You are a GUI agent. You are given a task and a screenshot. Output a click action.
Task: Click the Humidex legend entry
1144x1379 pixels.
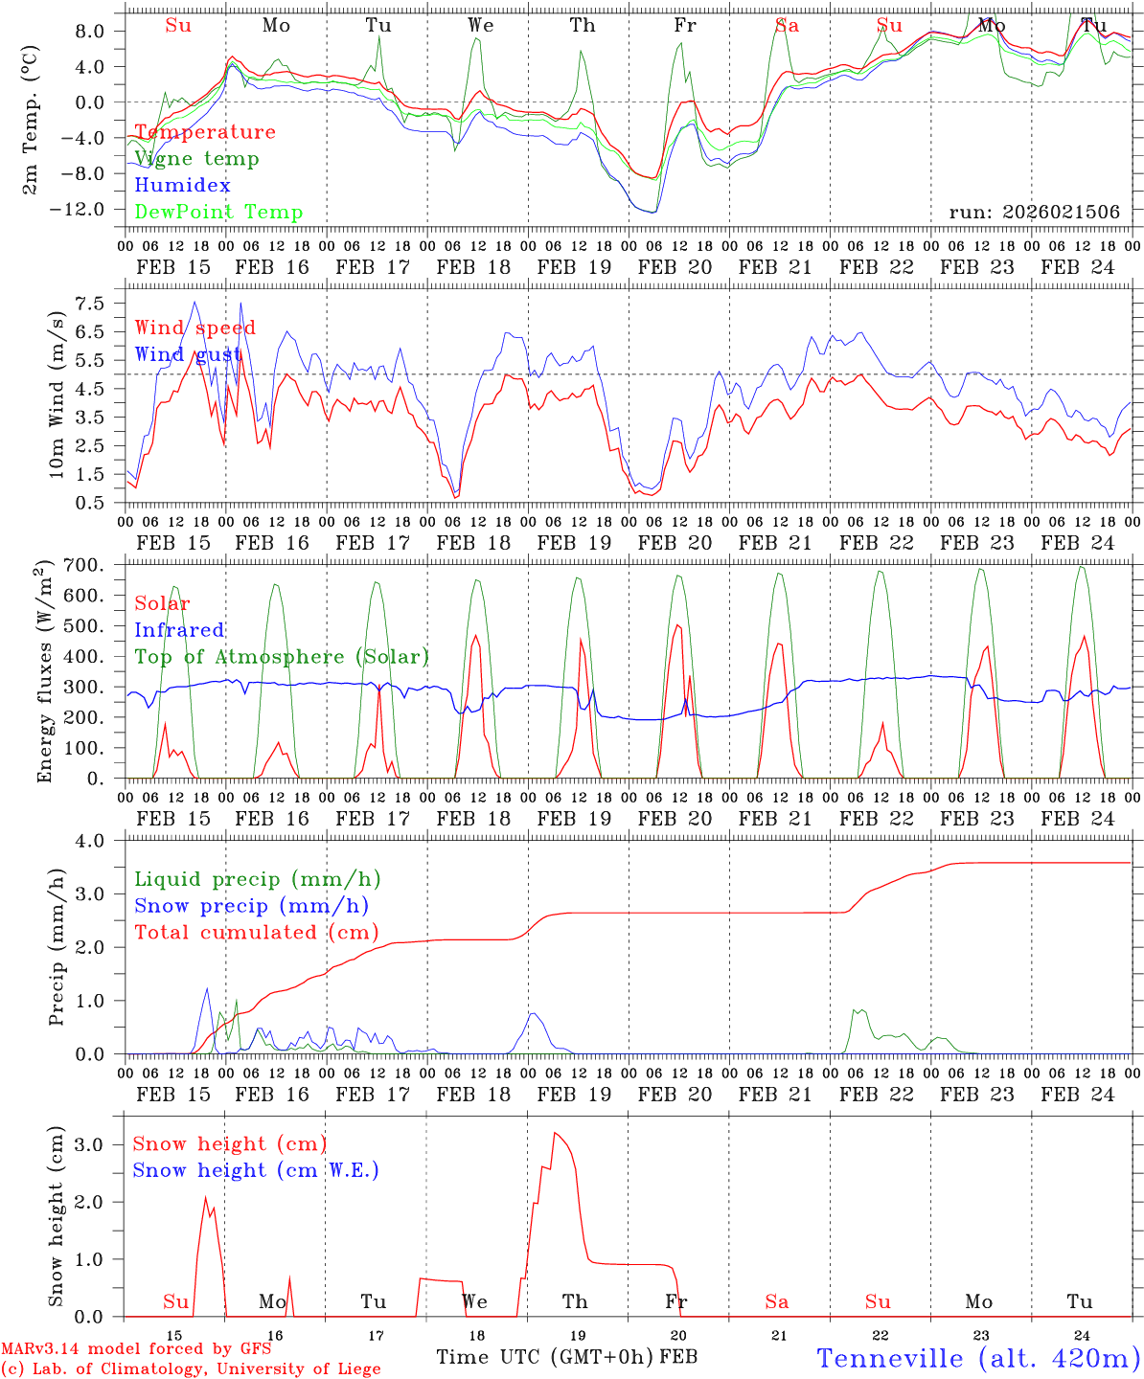(x=182, y=186)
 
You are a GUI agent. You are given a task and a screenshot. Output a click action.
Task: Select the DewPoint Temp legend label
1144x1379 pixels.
(x=218, y=213)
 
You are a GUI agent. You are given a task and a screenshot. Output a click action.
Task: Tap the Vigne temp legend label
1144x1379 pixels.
(x=196, y=159)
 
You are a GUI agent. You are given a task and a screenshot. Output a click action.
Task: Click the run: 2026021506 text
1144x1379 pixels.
(x=1034, y=213)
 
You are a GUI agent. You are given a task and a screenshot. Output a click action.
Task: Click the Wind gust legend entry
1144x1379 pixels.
(x=188, y=354)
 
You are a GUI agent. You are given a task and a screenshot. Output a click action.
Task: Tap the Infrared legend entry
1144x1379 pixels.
(x=179, y=630)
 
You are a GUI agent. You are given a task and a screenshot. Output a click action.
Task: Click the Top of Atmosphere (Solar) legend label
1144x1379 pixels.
(x=281, y=657)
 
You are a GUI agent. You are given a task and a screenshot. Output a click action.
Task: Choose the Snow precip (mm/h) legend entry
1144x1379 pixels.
(x=251, y=906)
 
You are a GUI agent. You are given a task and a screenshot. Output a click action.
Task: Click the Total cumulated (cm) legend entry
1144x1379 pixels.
(x=256, y=933)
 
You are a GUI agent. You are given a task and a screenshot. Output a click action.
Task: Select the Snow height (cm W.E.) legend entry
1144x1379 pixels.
(x=255, y=1170)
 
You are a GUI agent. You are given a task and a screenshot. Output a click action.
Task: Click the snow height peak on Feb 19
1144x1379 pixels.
(x=555, y=1134)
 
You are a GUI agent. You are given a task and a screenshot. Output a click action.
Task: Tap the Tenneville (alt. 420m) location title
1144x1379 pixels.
(x=977, y=1358)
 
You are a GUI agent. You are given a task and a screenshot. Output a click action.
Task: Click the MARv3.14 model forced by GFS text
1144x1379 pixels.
(x=136, y=1349)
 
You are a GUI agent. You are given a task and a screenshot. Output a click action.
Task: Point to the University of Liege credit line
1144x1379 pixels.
(x=191, y=1369)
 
